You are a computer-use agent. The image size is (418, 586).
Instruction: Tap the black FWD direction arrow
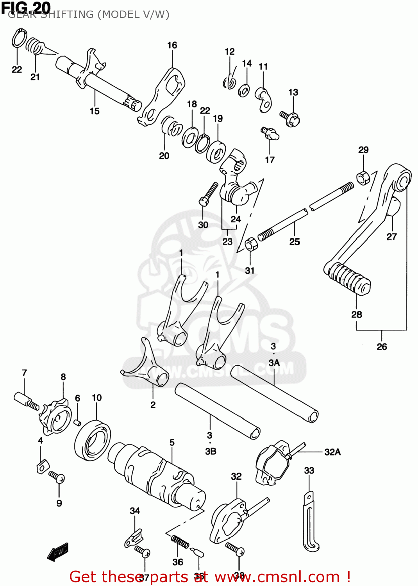pos(58,552)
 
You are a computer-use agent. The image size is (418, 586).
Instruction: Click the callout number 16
pos(172,45)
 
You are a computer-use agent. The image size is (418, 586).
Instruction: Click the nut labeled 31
pos(250,244)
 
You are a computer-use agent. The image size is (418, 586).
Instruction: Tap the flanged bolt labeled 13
pos(290,118)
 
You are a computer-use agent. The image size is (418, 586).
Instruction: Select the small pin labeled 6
pos(77,422)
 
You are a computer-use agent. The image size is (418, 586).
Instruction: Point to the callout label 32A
pos(332,452)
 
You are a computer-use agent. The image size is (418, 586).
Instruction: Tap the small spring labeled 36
pos(180,541)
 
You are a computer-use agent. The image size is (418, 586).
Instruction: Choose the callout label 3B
pos(211,451)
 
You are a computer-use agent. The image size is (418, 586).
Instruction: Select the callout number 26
pos(382,347)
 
